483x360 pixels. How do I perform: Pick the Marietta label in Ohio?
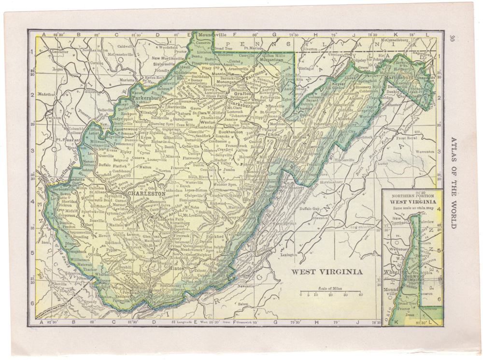[127, 80]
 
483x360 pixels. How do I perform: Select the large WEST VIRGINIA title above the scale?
[327, 272]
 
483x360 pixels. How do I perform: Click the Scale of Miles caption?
[330, 288]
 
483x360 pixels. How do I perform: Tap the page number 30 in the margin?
[451, 38]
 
